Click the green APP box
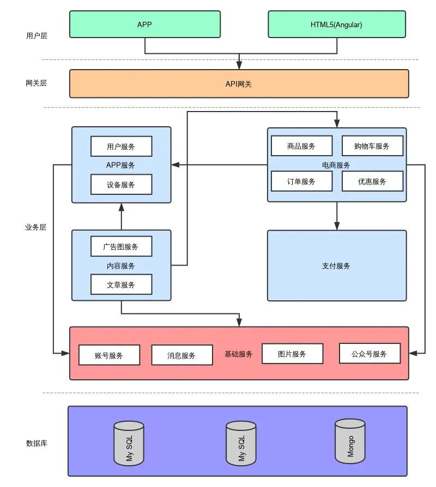tap(145, 24)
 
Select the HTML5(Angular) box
tap(336, 24)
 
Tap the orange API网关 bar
tap(239, 84)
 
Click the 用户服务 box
tap(121, 146)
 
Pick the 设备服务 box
tap(121, 184)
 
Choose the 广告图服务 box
tap(121, 246)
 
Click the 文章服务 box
tap(121, 285)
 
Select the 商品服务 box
tap(301, 146)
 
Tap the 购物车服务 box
tap(372, 146)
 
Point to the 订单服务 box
tap(301, 181)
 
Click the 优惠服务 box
tap(372, 181)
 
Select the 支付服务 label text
tap(336, 266)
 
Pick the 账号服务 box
tap(109, 355)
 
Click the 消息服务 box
tap(181, 355)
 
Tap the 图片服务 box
tap(292, 354)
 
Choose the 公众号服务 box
tap(370, 354)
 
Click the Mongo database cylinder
tap(350, 441)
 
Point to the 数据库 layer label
tap(37, 443)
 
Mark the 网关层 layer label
tap(37, 83)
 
